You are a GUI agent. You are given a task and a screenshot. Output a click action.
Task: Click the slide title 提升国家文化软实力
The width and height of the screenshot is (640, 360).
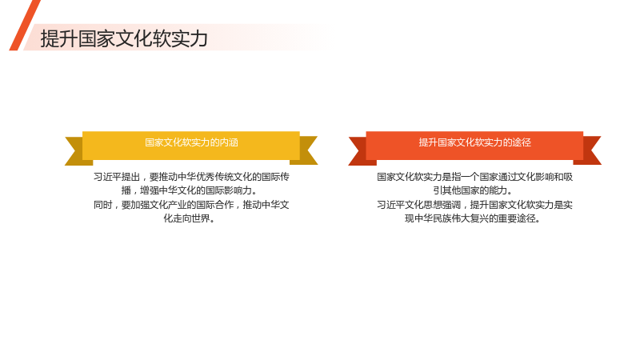pos(124,38)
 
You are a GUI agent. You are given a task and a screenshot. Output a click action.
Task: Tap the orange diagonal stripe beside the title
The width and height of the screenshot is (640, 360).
pos(25,26)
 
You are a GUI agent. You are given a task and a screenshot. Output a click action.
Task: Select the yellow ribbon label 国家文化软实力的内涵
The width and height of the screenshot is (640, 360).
pos(191,142)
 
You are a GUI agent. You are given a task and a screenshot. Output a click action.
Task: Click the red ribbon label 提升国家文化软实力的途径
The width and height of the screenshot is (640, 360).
pos(474,142)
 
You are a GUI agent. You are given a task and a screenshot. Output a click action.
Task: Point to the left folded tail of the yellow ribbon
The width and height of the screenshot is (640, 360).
pos(77,151)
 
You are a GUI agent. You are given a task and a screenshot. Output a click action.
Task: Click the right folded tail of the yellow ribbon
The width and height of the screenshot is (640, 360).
pos(306,151)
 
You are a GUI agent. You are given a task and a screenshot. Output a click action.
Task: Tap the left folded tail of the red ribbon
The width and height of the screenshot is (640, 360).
pos(361,151)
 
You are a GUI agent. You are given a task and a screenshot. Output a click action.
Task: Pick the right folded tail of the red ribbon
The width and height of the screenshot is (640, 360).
pos(589,151)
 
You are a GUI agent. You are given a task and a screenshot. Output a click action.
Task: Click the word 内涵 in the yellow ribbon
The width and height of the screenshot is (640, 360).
pos(229,142)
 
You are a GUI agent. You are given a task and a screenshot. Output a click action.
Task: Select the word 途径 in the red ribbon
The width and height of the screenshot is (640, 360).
pos(522,142)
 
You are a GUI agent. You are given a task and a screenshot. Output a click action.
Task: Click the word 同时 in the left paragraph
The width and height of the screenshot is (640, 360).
pos(103,205)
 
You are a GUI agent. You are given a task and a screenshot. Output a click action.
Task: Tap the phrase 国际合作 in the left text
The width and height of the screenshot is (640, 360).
pos(214,205)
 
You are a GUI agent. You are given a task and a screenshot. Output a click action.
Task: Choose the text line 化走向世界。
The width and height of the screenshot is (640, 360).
pos(189,218)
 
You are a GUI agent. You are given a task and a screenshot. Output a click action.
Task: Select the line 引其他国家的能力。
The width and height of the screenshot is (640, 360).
pos(472,190)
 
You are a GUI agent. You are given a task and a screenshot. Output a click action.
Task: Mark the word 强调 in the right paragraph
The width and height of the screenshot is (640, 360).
pos(451,205)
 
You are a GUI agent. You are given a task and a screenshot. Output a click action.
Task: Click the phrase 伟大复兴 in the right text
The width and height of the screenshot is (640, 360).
pos(479,218)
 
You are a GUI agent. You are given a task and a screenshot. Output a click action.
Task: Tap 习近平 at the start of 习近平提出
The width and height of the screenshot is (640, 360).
pos(107,177)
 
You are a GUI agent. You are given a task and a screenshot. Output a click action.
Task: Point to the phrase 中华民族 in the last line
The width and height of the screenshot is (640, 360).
pos(433,218)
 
